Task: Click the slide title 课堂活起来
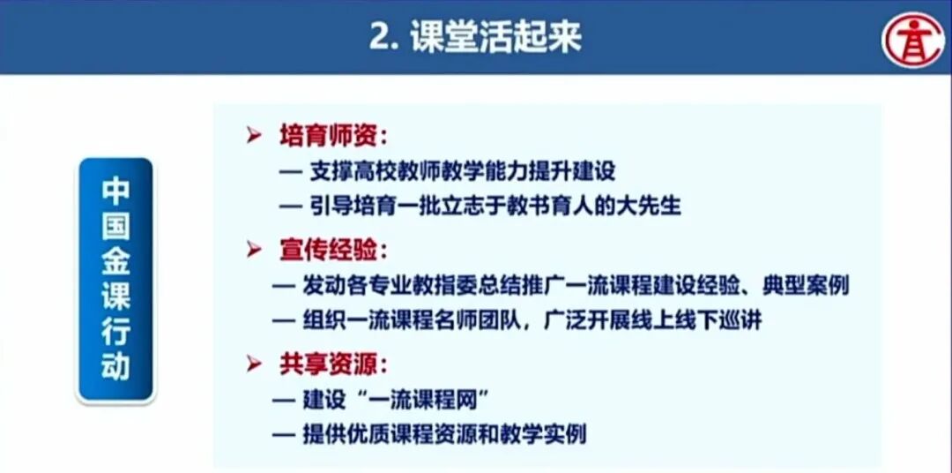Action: coord(496,38)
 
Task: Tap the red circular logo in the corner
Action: coord(914,40)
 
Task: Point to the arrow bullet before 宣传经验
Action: coord(255,251)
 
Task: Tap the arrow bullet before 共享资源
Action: coord(255,364)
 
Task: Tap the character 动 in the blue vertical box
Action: coord(115,364)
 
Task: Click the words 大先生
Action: coord(651,206)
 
